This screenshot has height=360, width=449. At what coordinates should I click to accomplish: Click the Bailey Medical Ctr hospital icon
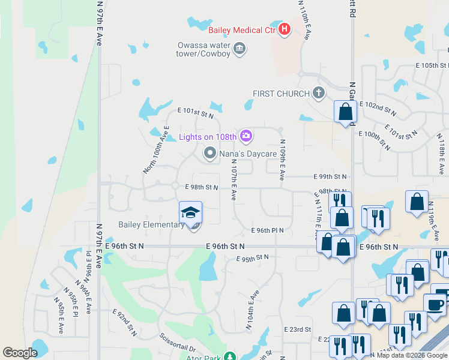pos(285,29)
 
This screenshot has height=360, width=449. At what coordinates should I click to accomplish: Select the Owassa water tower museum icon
pos(240,48)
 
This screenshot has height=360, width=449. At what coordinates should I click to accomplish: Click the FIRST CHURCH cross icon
pos(319,93)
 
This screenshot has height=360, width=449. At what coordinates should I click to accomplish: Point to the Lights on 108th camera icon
pos(246,137)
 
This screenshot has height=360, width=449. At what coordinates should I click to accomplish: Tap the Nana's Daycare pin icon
pos(209,154)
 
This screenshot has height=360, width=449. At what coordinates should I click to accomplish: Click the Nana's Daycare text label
pos(247,154)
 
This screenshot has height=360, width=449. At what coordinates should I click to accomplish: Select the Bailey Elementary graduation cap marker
pos(191,213)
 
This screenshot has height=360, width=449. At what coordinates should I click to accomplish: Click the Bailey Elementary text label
pos(151,225)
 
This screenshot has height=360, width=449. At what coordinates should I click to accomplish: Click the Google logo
pos(20,353)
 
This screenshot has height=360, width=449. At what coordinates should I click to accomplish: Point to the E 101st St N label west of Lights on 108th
pos(196,112)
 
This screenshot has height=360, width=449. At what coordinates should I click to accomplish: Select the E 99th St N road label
pos(331,177)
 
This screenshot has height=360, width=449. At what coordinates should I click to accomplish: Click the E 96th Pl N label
pos(267,230)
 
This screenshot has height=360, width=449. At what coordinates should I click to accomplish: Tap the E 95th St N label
pos(252,258)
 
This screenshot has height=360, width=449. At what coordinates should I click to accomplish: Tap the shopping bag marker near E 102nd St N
pos(345,112)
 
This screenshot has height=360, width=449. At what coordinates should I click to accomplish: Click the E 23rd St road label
pos(298,329)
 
